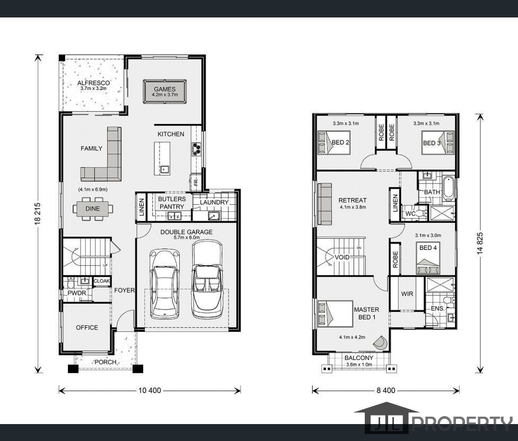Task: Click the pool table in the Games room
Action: tap(164, 92)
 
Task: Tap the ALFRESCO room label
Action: tap(93, 83)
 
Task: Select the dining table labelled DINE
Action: tap(93, 209)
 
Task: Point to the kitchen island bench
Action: tap(162, 159)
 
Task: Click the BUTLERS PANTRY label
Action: tap(172, 203)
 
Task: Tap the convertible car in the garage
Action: tap(207, 278)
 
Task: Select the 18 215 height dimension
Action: tap(37, 213)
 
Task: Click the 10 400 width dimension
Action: tap(150, 391)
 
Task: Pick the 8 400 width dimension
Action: tap(386, 391)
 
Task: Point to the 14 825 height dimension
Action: tap(480, 243)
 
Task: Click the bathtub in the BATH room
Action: tap(449, 188)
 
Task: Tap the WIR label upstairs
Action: tap(407, 294)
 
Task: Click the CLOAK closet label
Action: tap(102, 281)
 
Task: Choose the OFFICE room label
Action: tap(87, 328)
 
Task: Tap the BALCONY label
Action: tap(359, 358)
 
